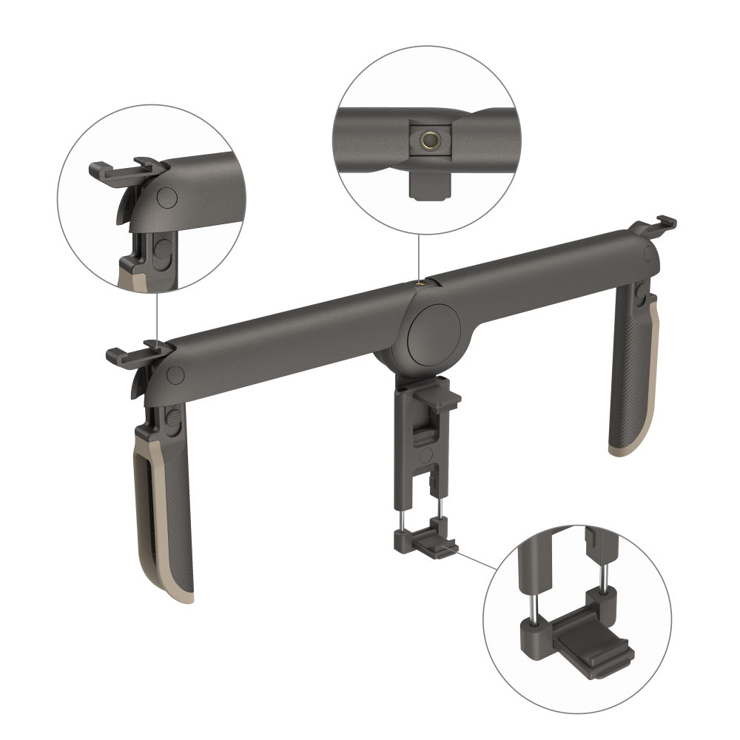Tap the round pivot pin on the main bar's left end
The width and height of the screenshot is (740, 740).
(175, 374)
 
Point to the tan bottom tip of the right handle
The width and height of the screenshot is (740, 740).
(622, 450)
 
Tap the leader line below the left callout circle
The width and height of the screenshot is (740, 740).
(157, 311)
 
